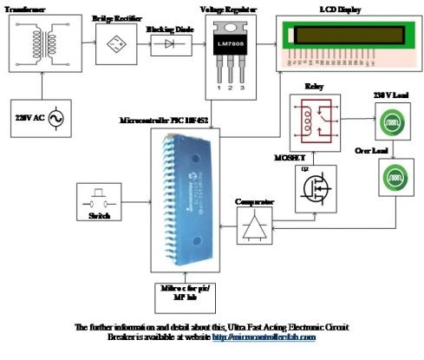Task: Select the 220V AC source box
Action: [38, 115]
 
